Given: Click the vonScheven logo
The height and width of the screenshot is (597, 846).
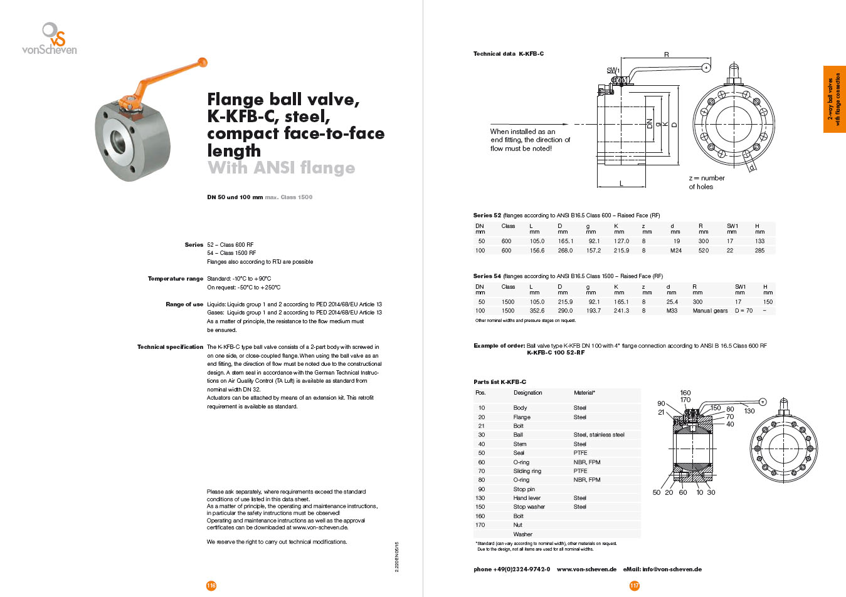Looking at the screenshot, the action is coord(50,38).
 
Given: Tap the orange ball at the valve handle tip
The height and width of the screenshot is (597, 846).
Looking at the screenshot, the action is coord(203,62).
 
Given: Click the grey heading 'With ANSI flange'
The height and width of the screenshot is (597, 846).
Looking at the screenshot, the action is coord(282,168).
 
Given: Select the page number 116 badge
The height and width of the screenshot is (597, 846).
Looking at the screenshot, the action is coord(211,586).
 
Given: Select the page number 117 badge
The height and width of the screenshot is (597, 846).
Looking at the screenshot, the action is coord(635,586).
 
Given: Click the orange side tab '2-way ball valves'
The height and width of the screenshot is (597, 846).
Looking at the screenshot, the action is coord(834,99).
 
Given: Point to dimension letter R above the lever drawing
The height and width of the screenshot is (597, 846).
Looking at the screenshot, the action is coord(667,55).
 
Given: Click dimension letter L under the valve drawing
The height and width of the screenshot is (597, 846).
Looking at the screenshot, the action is coord(621,184).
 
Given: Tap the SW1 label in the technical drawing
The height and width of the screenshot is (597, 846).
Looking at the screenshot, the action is coord(613,70).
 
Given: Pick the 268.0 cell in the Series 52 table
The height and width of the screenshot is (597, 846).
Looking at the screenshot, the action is coord(565,250).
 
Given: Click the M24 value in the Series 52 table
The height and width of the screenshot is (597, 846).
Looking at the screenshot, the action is coord(675,250).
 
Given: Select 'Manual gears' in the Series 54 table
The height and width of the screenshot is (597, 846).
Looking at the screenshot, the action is coord(710,311).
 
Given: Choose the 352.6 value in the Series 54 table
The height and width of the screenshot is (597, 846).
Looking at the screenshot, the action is coord(537,311).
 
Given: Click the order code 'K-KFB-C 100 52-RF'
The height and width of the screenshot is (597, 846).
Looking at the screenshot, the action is coord(556,353).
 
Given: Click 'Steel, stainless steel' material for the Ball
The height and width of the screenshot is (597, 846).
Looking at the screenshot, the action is coord(599,435).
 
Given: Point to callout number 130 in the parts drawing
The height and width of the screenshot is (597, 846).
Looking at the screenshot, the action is coord(749,411).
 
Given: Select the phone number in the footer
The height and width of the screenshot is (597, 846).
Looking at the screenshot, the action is coord(512,569).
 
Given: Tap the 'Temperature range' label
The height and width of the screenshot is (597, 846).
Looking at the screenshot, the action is coord(176,279).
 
